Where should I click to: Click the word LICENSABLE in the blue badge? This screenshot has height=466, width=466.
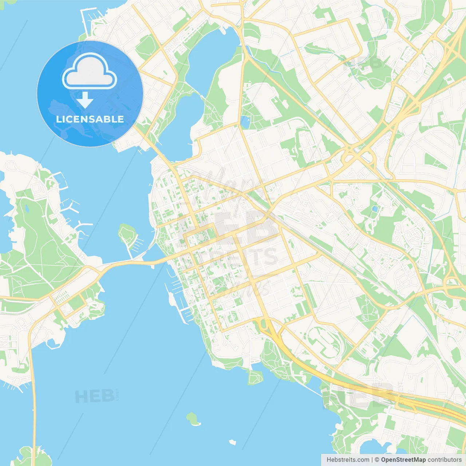90,119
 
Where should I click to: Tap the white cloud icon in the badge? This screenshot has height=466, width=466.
90,72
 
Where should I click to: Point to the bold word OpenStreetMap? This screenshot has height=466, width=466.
403,460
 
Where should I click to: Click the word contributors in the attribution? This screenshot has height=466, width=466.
445,460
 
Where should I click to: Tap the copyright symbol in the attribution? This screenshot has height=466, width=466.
377,460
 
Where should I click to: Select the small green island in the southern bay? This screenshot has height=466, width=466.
193,418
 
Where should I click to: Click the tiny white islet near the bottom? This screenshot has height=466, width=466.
232,442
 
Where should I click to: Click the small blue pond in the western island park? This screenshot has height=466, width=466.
27,209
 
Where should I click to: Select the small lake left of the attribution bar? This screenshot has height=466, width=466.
371,448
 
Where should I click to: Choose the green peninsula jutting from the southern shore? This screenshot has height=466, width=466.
255,377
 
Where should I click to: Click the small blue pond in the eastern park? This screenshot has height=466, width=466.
375,209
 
